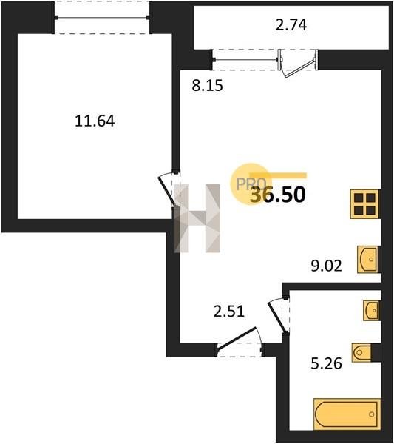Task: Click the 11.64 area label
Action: (x=95, y=121)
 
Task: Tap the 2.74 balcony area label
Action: (x=291, y=24)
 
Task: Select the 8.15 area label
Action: (x=207, y=85)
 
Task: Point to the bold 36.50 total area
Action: (x=278, y=195)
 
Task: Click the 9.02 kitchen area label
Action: (x=326, y=266)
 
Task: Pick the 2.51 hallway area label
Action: (x=229, y=312)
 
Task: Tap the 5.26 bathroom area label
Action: (x=326, y=363)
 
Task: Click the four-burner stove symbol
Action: (x=365, y=204)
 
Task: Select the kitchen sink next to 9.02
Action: (x=368, y=260)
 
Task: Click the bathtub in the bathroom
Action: (x=347, y=414)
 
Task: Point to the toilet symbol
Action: (x=362, y=352)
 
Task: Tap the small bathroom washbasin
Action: (x=372, y=310)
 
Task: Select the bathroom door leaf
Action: (x=277, y=317)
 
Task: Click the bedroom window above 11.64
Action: (x=101, y=18)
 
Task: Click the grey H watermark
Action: (x=197, y=218)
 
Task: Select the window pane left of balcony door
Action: (x=245, y=60)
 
